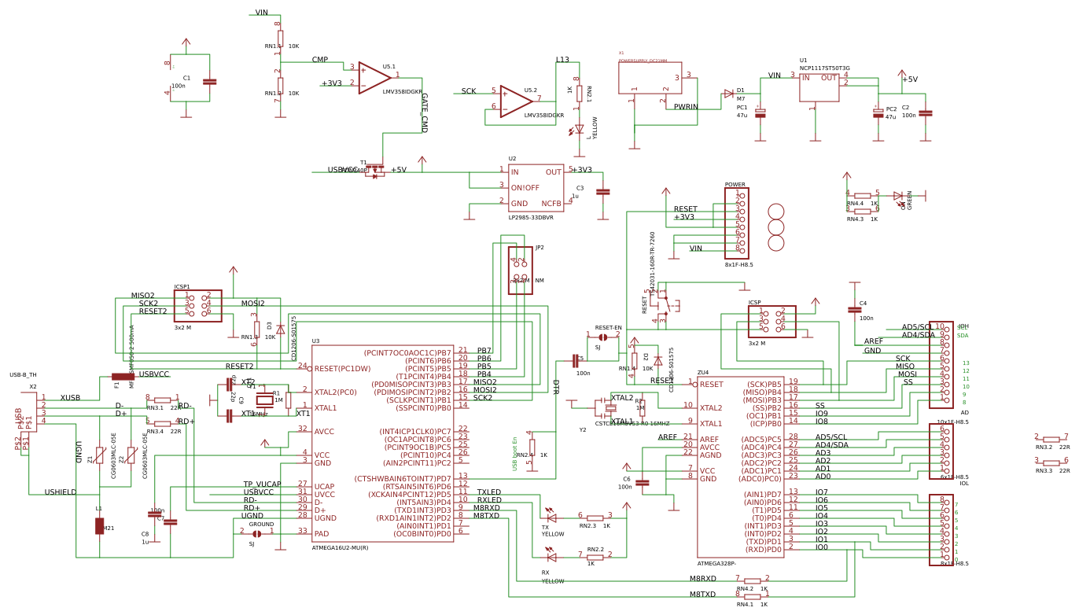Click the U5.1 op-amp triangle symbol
coord(374,78)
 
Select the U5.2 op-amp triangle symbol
coord(515,101)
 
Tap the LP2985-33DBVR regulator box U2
coord(536,188)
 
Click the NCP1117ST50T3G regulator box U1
coord(819,87)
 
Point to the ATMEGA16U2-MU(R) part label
coord(340,548)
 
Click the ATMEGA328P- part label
coord(716,563)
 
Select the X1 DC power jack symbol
coord(650,79)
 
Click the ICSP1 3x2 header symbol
coord(197,305)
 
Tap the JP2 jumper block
coord(520,271)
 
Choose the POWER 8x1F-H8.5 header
coord(736,223)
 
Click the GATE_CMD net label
coord(425,112)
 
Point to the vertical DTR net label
coord(555,387)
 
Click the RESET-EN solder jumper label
coord(608,328)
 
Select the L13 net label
coord(562,60)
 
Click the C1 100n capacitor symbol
coord(209,81)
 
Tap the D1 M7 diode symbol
coord(728,94)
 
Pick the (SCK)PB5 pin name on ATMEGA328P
coord(763,384)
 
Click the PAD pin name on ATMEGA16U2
coord(322,534)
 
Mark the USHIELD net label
coord(61,492)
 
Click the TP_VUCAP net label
coord(262,484)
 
